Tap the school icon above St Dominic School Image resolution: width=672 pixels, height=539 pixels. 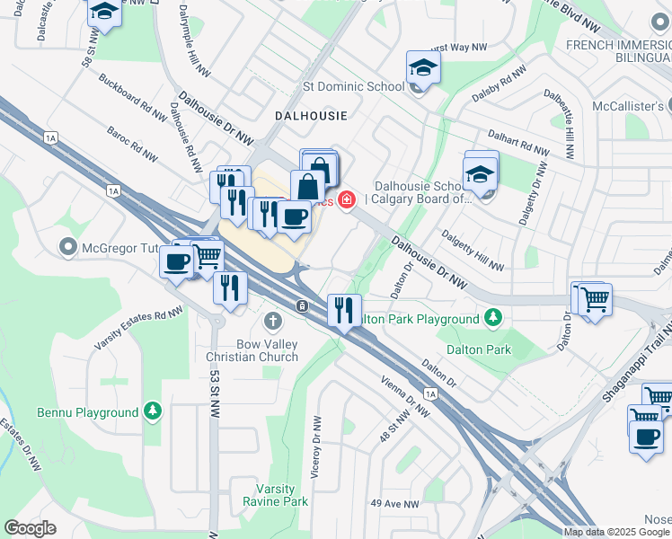pyautogui.click(x=422, y=67)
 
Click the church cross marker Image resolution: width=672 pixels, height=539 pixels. pyautogui.click(x=273, y=321)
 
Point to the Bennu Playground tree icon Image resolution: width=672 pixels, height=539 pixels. pyautogui.click(x=154, y=411)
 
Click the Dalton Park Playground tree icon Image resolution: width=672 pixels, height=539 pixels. pyautogui.click(x=492, y=317)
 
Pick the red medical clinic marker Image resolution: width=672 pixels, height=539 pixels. pyautogui.click(x=346, y=199)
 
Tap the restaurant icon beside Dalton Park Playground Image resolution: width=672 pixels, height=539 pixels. pyautogui.click(x=344, y=310)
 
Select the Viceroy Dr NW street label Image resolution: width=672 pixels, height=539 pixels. pyautogui.click(x=316, y=446)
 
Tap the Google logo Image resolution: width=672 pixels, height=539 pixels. pyautogui.click(x=30, y=528)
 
